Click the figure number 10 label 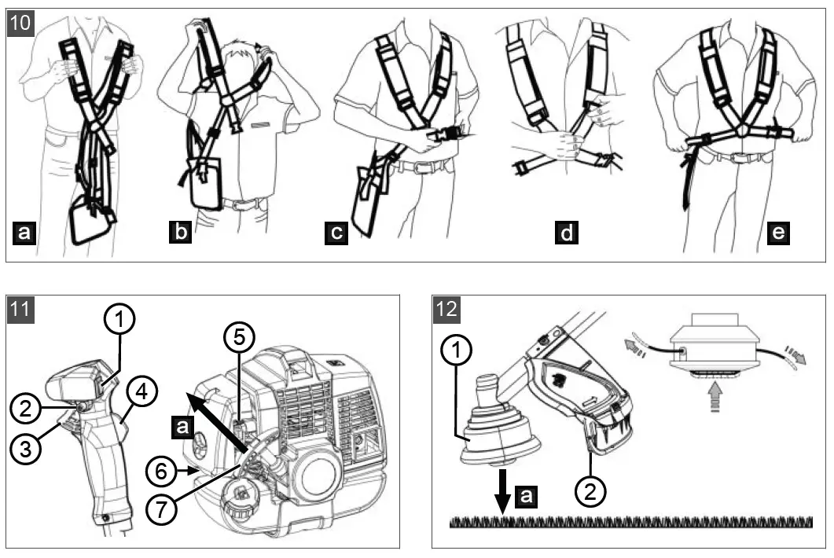coord(21,24)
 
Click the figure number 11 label coord(21,309)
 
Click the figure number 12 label coord(447,309)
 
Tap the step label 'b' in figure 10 coord(180,233)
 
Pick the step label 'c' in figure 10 coord(336,233)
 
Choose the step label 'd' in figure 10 coord(565,233)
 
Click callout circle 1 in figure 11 coord(119,320)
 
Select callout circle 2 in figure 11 coord(26,407)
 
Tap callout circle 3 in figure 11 coord(26,451)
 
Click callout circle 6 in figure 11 coord(162,472)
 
